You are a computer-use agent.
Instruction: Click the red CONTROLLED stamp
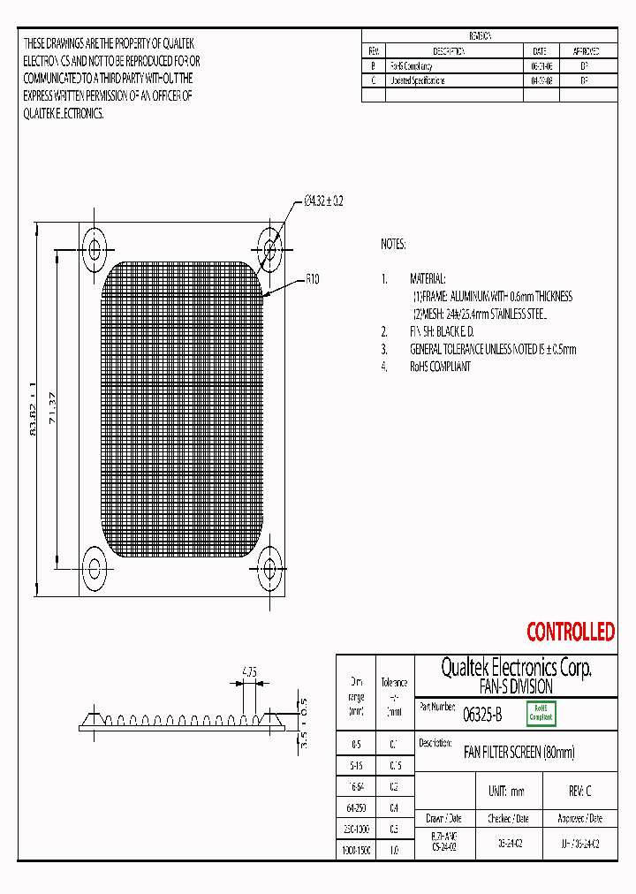point(570,632)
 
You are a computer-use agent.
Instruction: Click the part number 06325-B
point(483,714)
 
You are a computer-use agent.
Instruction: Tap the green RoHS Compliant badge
point(541,714)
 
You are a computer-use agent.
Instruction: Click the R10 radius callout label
point(312,279)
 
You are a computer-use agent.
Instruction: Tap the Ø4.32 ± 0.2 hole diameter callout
point(322,201)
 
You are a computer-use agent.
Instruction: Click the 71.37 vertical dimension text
point(56,406)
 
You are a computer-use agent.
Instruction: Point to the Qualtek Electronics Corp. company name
point(516,668)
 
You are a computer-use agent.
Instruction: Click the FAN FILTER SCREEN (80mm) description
point(519,753)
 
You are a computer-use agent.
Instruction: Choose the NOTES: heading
point(393,243)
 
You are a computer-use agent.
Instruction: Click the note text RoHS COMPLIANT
point(440,366)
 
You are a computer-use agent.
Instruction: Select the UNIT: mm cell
point(506,791)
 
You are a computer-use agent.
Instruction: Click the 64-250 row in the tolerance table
point(356,807)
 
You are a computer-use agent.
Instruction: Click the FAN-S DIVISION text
point(516,686)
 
